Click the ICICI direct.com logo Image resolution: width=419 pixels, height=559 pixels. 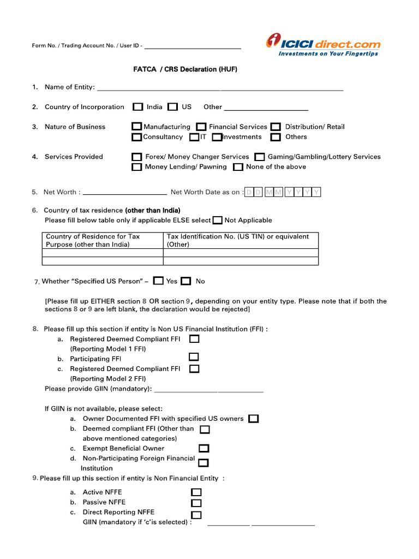coord(323,45)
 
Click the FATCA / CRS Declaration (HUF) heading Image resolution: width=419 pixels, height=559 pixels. coord(185,69)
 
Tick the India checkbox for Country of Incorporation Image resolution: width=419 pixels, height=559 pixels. coord(139,107)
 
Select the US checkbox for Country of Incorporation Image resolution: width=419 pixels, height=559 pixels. coord(173,107)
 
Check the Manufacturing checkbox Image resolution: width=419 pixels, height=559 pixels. coord(136,127)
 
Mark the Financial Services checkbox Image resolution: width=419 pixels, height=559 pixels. coord(201,127)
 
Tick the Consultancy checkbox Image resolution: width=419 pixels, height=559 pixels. coord(136,137)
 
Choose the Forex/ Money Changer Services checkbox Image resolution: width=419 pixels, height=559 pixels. coord(137,157)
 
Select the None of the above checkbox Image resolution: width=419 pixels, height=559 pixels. coord(238,167)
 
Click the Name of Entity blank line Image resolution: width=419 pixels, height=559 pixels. coord(219,87)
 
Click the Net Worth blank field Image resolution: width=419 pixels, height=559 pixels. coord(124,192)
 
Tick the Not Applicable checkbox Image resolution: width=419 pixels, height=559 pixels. coord(218,221)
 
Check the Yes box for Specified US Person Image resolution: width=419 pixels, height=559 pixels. coord(158,281)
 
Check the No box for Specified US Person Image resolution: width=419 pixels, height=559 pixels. coord(186,281)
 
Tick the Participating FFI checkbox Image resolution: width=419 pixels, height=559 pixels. coord(194,357)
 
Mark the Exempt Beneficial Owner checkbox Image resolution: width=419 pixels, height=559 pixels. coord(203,449)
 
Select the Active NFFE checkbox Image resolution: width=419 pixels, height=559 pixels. coord(196,492)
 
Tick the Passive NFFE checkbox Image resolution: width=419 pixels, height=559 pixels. coord(196,503)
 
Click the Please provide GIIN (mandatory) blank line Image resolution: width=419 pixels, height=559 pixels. coord(209,389)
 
